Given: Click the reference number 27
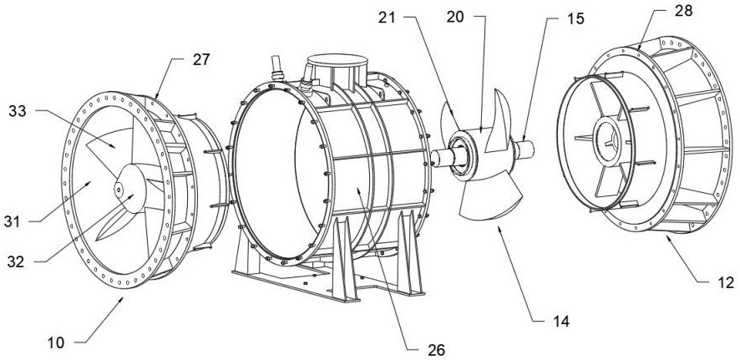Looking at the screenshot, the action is (x=201, y=60).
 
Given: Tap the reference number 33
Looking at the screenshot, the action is (x=17, y=111).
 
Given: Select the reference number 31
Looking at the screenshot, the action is (x=12, y=221).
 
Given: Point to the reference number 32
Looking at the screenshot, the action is (x=15, y=262).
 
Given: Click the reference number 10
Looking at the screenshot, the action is (x=56, y=342).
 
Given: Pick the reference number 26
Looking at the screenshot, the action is (x=436, y=350).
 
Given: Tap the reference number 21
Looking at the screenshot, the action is (x=387, y=18).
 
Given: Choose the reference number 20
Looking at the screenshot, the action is (x=455, y=17).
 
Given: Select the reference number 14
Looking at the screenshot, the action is (x=560, y=322).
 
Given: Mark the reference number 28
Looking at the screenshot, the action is (x=683, y=11).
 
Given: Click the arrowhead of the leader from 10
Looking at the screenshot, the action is (x=122, y=299).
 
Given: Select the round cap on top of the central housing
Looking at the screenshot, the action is (x=337, y=61).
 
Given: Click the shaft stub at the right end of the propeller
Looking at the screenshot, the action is (x=524, y=150).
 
